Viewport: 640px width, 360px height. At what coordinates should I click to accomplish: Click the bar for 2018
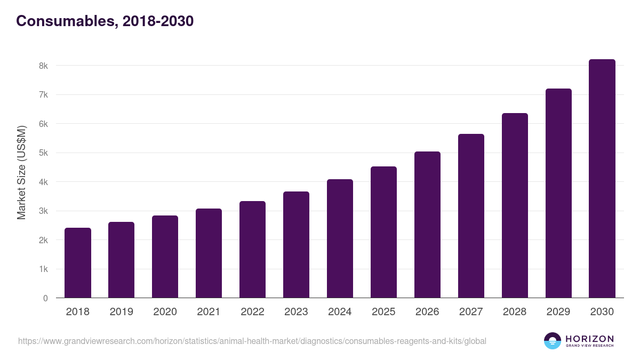pos(78,263)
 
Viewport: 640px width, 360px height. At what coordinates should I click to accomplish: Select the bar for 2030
pos(602,179)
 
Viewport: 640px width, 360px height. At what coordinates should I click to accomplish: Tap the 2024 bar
pos(340,238)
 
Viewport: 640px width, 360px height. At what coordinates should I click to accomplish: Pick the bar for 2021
pos(209,253)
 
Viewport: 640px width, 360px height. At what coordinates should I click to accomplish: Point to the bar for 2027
pos(471,216)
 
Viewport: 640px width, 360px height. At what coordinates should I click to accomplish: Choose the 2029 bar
pos(558,193)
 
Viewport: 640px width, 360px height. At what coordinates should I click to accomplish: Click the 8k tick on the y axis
pos(43,66)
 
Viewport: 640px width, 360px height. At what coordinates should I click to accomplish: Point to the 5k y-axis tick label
pos(43,153)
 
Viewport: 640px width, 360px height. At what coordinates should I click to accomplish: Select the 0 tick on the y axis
pos(45,298)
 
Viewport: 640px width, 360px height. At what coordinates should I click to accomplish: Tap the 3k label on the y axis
pos(43,211)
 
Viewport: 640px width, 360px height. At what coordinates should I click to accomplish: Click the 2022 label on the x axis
pos(252,312)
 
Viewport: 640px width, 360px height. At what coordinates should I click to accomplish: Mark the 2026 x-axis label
pos(427,312)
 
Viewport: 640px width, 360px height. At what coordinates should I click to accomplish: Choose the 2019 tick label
pos(121,312)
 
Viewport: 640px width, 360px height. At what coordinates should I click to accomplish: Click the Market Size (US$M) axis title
pos(21,173)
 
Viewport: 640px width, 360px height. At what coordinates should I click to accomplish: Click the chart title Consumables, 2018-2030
pos(105,21)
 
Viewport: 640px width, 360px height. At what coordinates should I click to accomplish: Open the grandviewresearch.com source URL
pos(252,341)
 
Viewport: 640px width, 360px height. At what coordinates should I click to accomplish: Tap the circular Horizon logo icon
pos(552,341)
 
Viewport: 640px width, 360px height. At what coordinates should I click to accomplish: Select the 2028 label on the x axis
pos(515,312)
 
